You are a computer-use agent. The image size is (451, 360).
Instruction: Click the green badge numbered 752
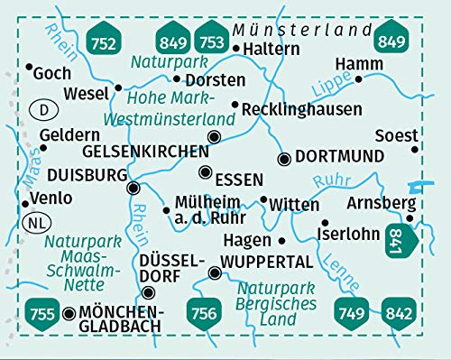coord(106,39)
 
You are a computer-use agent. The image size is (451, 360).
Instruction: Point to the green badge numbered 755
coord(39,314)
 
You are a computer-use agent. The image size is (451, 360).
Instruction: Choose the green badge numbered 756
coord(204,314)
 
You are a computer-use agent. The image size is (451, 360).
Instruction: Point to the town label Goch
coord(51,72)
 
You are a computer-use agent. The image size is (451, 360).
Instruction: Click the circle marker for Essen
coord(207,172)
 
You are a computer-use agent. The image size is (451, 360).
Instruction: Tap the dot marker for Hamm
coord(358,78)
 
